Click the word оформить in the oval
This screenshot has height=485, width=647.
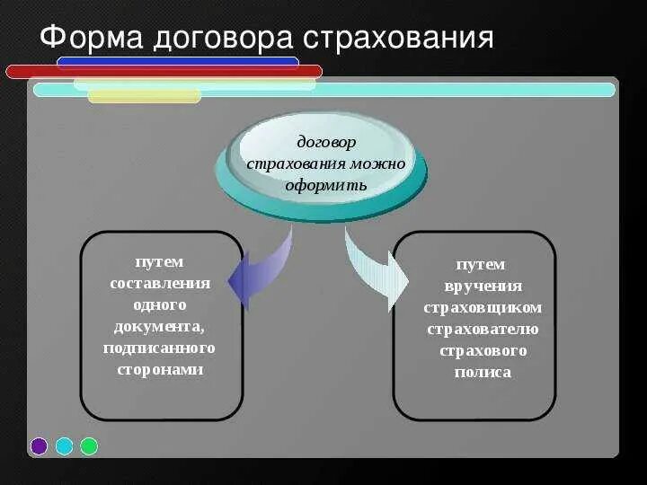tap(326, 186)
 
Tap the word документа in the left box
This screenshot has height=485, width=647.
tap(160, 326)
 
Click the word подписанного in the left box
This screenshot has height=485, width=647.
tap(160, 348)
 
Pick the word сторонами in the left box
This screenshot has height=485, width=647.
tap(160, 369)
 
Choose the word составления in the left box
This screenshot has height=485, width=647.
tap(160, 283)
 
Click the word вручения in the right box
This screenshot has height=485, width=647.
tap(483, 286)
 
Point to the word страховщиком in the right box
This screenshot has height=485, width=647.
tap(483, 307)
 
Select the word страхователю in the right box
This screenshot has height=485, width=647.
tap(483, 329)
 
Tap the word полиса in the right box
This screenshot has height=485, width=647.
tap(483, 372)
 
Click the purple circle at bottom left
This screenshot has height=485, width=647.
tap(39, 446)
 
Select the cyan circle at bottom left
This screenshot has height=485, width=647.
tap(64, 446)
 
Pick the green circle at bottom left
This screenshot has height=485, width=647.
tap(89, 446)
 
